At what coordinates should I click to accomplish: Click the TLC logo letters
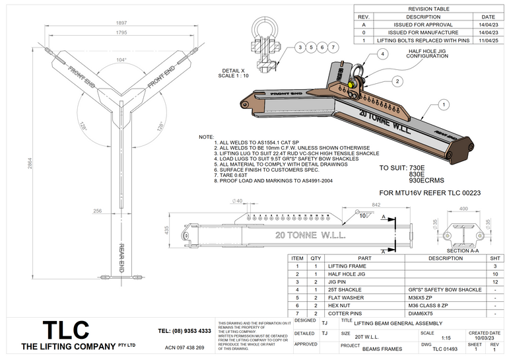pyautogui.click(x=65, y=330)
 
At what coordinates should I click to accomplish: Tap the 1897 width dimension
pyautogui.click(x=121, y=22)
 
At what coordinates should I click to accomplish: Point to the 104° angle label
pyautogui.click(x=121, y=59)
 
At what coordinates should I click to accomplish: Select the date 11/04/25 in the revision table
pyautogui.click(x=488, y=41)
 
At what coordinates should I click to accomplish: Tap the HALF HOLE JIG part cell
pyautogui.click(x=346, y=273)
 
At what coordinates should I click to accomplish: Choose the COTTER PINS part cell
pyautogui.click(x=346, y=313)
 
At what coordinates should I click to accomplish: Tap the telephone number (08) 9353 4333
pyautogui.click(x=185, y=330)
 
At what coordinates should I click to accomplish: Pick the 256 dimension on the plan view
pyautogui.click(x=98, y=211)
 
